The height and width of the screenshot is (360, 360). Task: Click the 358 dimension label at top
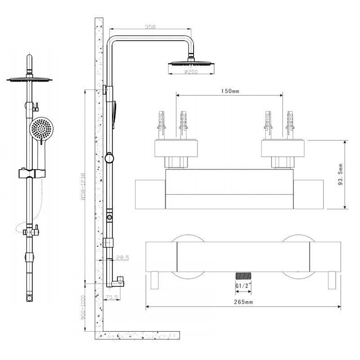click(x=150, y=27)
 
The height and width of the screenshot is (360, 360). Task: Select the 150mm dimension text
click(x=229, y=91)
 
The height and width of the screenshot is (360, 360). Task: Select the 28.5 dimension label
click(x=122, y=257)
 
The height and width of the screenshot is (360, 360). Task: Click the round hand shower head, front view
click(x=41, y=129)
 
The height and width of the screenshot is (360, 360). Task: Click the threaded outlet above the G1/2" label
click(x=243, y=275)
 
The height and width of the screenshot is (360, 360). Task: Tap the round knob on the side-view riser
click(x=109, y=158)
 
